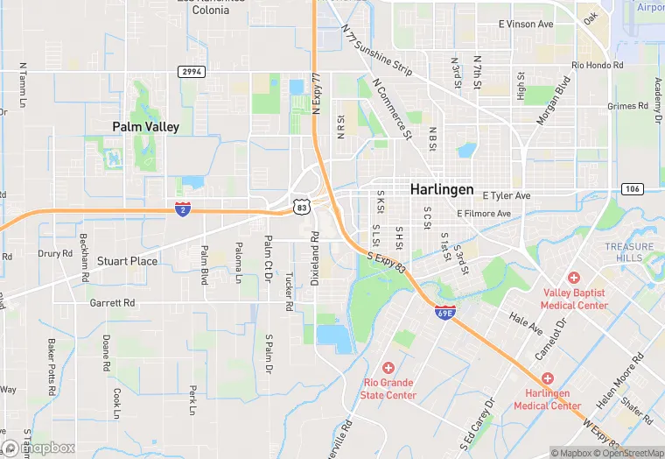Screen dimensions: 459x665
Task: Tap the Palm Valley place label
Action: coord(145,127)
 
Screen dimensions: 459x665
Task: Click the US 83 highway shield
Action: coord(302,207)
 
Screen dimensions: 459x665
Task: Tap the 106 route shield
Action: coord(632,189)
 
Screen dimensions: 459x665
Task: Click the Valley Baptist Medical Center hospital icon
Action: coord(574,277)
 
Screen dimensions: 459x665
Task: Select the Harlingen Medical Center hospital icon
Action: coord(547,378)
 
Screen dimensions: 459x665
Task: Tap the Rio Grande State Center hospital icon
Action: coord(388,368)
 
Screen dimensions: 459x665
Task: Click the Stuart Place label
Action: coord(127,261)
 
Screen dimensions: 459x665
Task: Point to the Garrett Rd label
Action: coord(112,302)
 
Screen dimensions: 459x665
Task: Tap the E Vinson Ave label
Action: coord(525,25)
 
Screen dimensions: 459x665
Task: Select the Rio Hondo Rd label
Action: coord(598,66)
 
